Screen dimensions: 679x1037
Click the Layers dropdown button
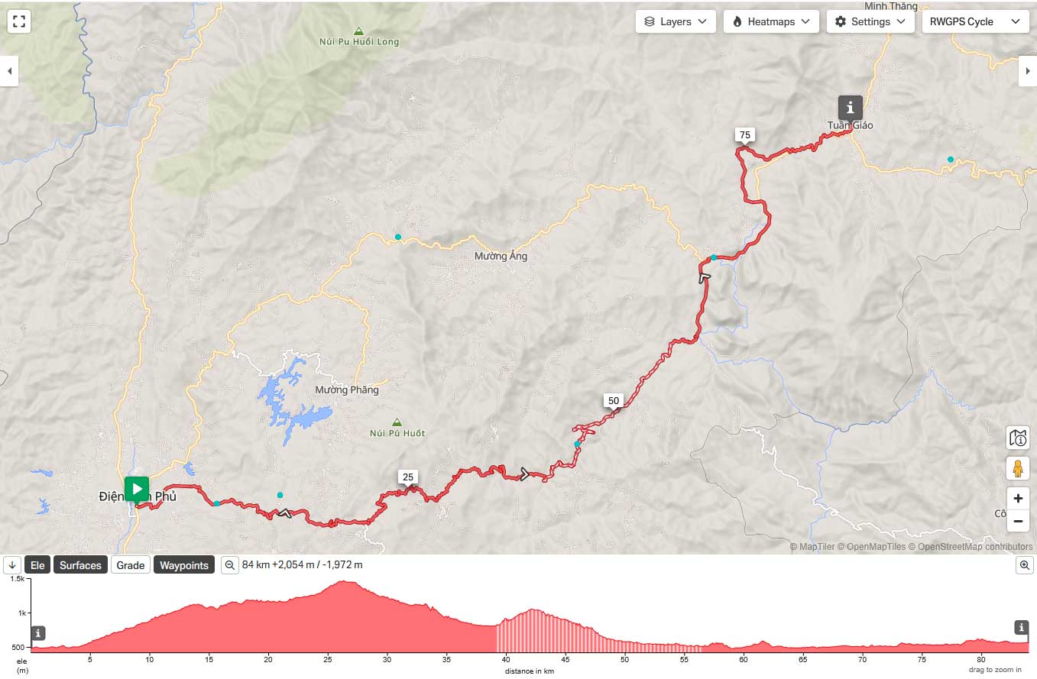point(676,21)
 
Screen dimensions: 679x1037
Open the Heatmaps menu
point(771,21)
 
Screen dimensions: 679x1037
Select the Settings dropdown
point(870,21)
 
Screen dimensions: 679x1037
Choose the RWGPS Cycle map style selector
point(974,21)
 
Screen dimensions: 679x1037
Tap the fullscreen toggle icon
point(19,21)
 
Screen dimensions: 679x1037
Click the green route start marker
point(136,489)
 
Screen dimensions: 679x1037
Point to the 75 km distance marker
point(745,135)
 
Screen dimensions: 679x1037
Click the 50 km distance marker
point(613,400)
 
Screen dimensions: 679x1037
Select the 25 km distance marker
point(408,477)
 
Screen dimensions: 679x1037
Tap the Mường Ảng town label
point(501,257)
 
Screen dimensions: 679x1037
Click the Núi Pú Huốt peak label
point(397,433)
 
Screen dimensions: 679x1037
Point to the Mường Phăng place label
point(346,390)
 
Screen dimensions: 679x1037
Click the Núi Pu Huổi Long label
point(359,42)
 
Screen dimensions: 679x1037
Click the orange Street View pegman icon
point(1017,468)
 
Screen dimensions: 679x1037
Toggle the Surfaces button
point(80,565)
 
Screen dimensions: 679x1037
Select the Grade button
point(130,565)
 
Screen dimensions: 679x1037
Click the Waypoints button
point(183,565)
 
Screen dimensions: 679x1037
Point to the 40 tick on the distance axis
point(507,659)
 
